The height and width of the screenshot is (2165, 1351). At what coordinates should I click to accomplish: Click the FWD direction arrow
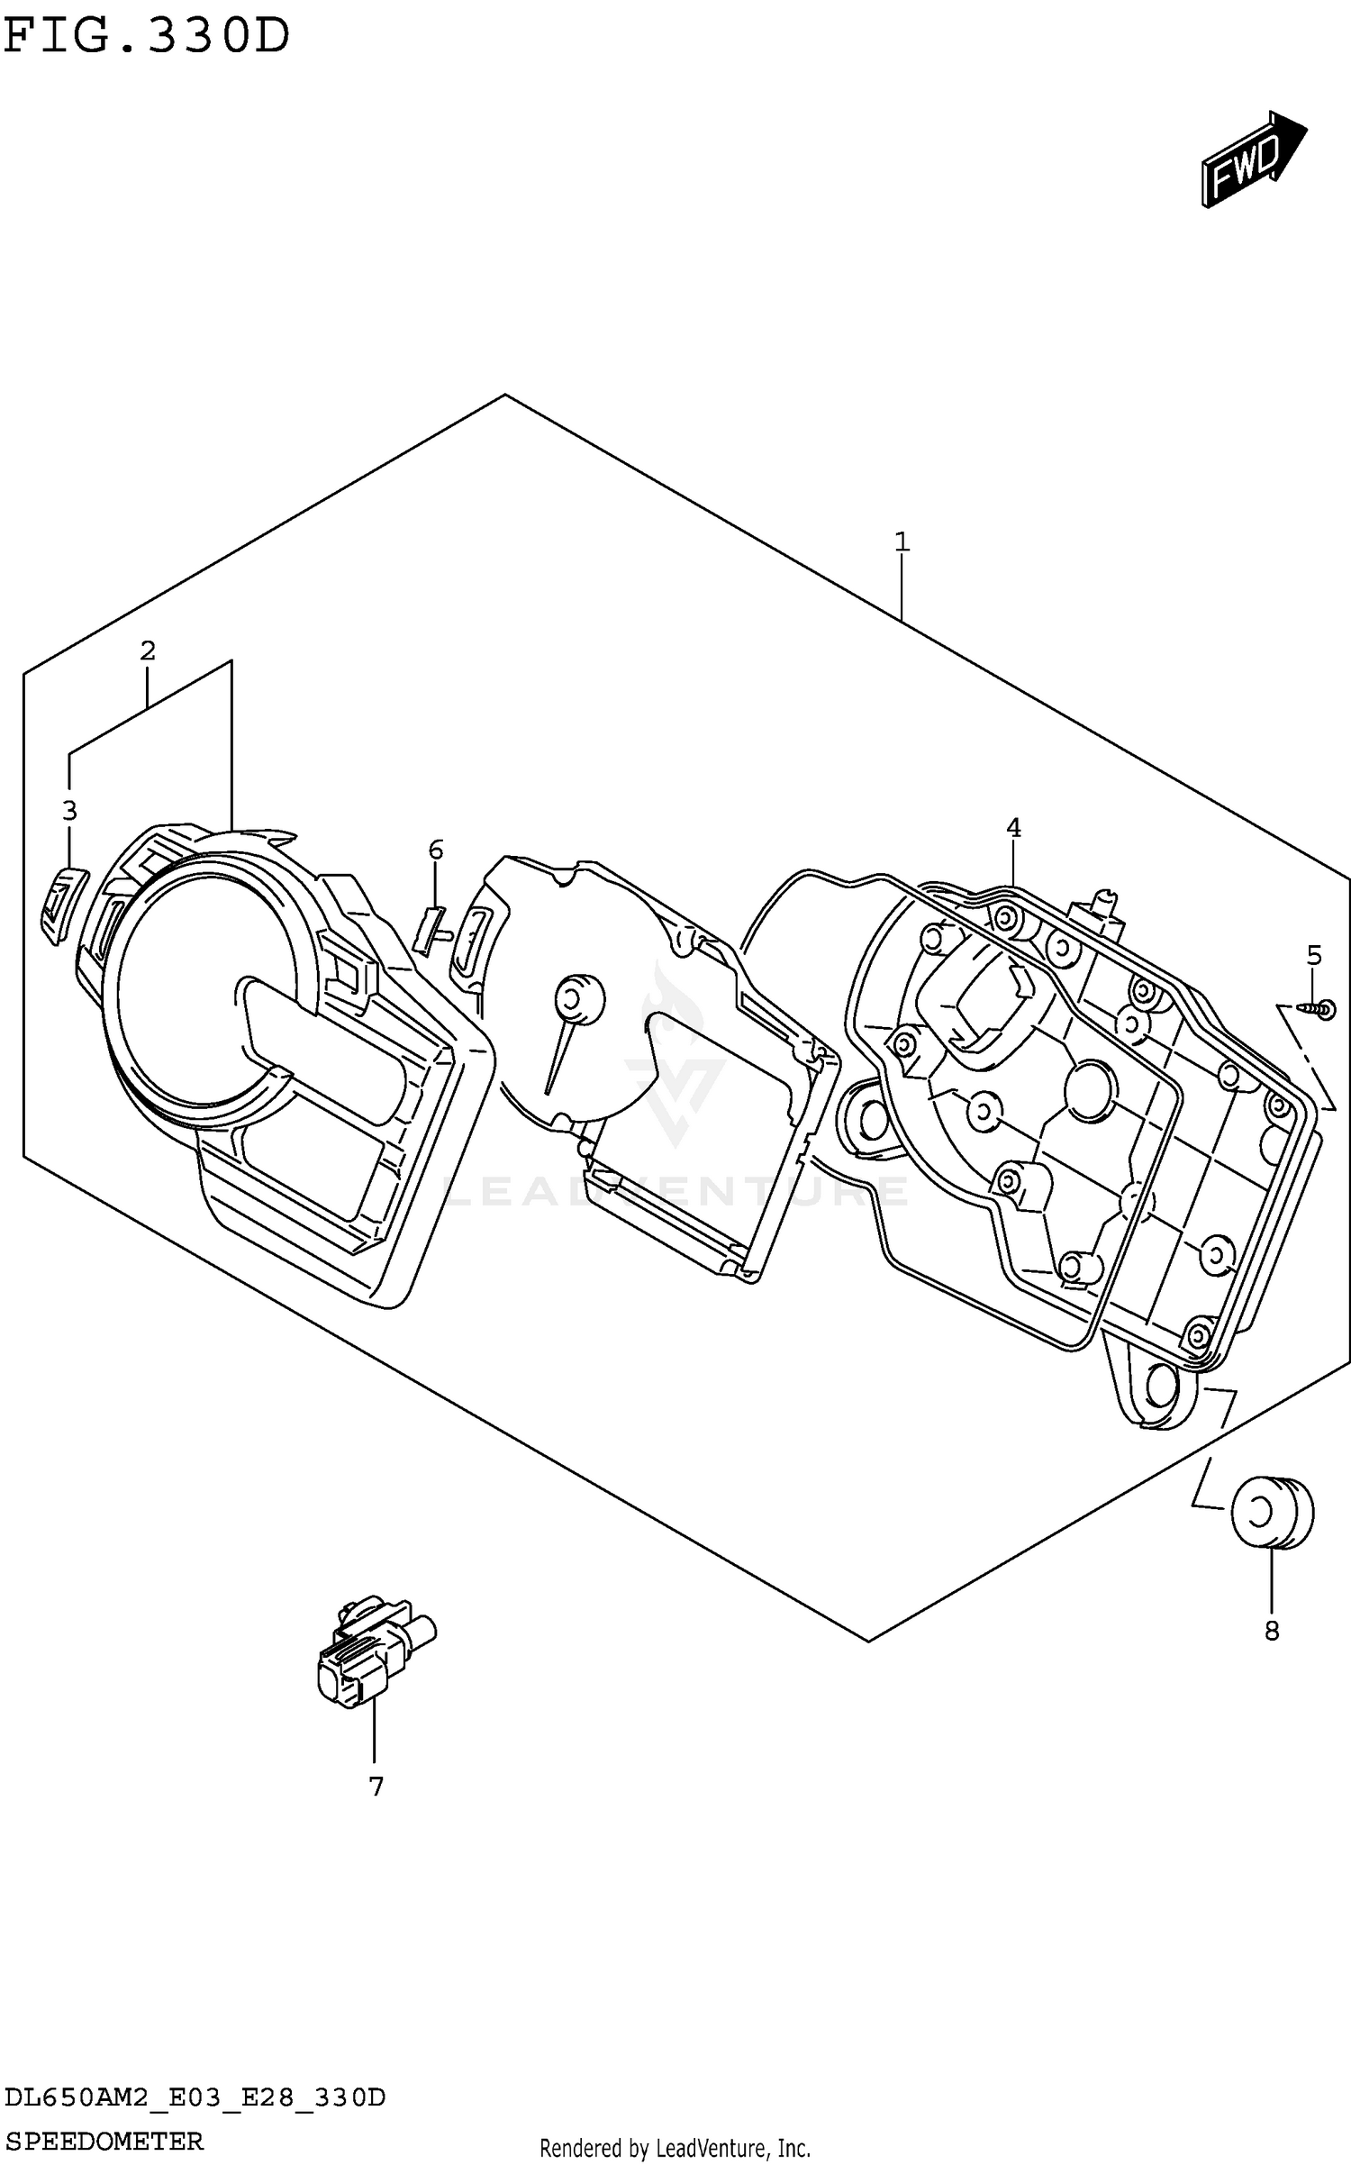(x=1252, y=159)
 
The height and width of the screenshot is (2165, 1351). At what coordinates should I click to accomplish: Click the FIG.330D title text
(x=147, y=37)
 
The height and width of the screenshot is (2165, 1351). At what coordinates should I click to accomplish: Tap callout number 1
(x=902, y=542)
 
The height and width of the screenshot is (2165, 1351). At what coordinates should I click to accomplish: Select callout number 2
(x=148, y=650)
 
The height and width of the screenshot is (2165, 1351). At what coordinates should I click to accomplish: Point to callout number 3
(x=69, y=811)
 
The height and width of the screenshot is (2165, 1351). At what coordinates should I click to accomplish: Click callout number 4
(x=1013, y=827)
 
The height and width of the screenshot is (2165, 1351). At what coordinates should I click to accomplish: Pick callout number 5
(x=1314, y=955)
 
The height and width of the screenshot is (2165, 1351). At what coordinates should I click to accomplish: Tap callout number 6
(x=436, y=850)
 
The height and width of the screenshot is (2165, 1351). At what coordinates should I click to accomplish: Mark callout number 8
(x=1272, y=1631)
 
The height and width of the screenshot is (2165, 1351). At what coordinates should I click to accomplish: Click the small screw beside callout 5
(x=1319, y=1011)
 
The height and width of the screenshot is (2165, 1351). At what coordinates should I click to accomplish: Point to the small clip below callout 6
(x=431, y=930)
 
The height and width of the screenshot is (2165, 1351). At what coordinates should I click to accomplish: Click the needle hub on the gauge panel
(x=579, y=998)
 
